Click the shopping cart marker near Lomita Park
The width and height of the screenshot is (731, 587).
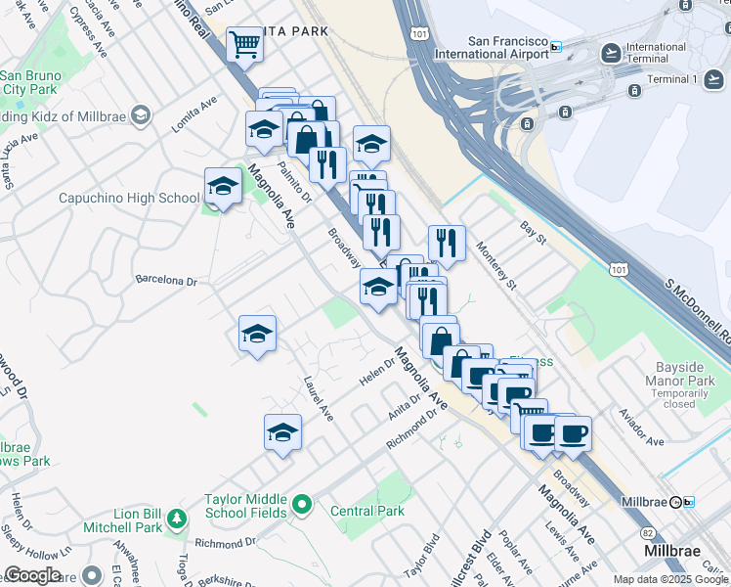click(x=243, y=44)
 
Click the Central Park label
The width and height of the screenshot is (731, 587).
click(x=367, y=511)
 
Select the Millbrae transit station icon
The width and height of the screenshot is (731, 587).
click(x=688, y=502)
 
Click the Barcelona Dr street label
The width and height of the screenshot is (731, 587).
click(x=166, y=281)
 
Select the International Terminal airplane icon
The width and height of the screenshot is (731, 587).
click(x=612, y=52)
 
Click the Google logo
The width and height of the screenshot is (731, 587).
click(x=33, y=575)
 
